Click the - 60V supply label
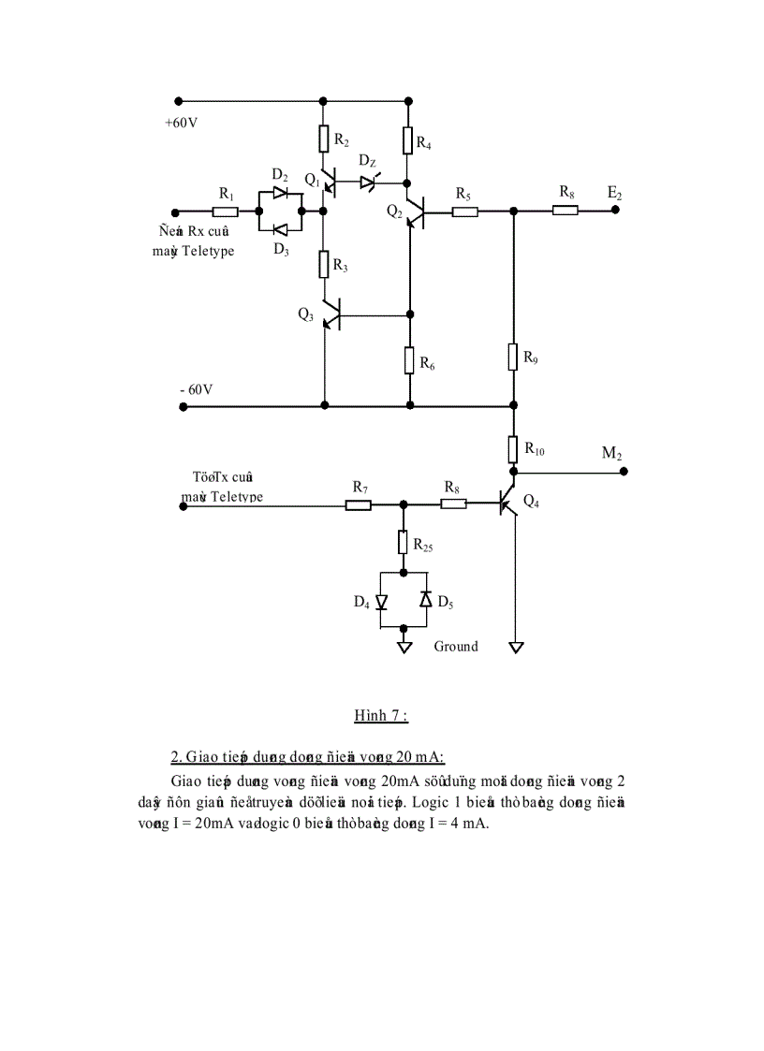click(197, 388)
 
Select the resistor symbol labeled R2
click(323, 139)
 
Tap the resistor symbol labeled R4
click(408, 140)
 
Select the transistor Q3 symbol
click(330, 315)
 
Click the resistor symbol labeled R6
click(409, 360)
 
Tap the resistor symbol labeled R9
click(513, 357)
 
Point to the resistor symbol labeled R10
click(513, 449)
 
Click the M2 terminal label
click(612, 454)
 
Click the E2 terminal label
click(614, 193)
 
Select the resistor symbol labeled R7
click(359, 505)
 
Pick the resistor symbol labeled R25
click(404, 542)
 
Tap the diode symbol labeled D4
click(381, 601)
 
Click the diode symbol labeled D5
click(425, 600)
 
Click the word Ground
click(455, 646)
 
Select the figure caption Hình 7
click(380, 716)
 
